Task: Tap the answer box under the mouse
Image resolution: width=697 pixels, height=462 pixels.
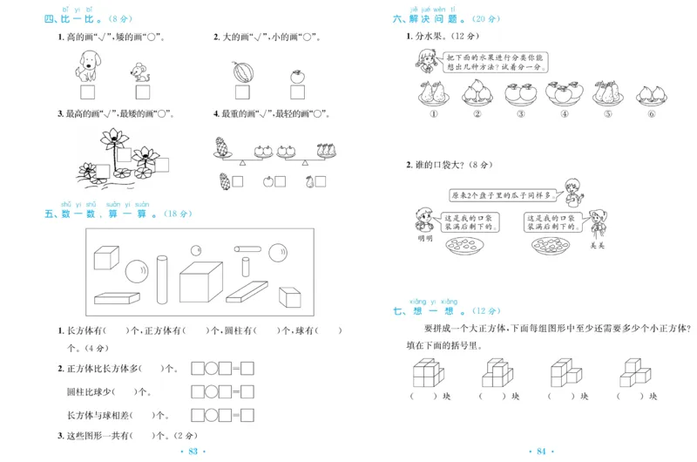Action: (140, 92)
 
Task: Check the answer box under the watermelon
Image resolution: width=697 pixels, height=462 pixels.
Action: (241, 92)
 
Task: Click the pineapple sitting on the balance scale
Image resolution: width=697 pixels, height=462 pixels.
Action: (220, 148)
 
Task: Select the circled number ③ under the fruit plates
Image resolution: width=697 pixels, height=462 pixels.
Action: (520, 113)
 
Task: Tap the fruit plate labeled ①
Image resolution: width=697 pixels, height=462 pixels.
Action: (433, 93)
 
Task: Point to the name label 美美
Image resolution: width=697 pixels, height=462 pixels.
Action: (597, 245)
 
